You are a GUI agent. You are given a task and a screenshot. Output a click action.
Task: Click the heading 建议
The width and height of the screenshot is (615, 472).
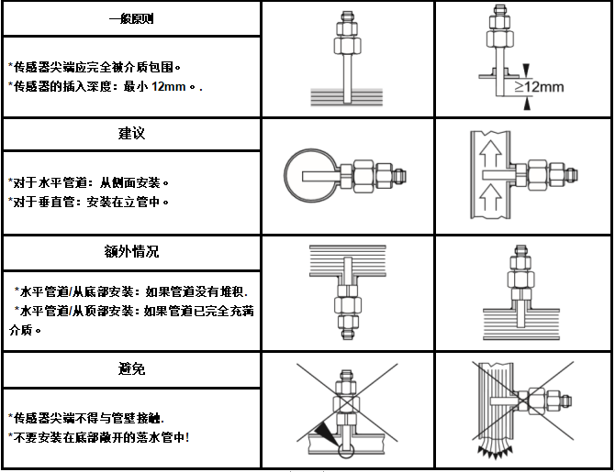coord(131,134)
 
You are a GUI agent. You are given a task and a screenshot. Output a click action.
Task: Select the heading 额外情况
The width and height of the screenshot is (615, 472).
coord(131,250)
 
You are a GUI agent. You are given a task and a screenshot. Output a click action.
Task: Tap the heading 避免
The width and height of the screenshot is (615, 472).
coord(131,368)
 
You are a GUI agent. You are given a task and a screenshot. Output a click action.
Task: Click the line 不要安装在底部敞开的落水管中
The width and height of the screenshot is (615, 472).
coord(98,436)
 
